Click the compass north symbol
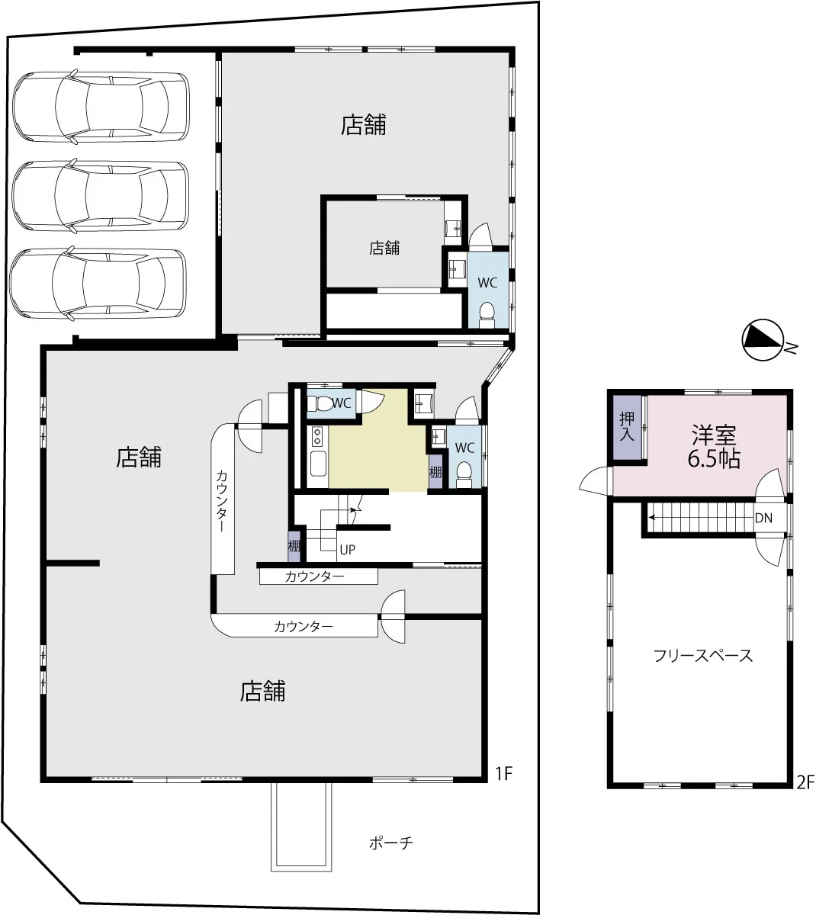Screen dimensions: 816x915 [x=763, y=339]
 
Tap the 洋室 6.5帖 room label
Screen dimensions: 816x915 [x=714, y=446]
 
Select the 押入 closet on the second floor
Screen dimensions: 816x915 [x=627, y=427]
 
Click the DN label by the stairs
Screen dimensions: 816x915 [x=763, y=518]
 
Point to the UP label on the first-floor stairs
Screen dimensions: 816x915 [x=347, y=550]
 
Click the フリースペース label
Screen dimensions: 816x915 [x=703, y=655]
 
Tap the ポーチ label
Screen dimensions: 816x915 [x=390, y=843]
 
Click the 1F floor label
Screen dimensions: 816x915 [x=503, y=774]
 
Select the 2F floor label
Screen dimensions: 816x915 [x=805, y=782]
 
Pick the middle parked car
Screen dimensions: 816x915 [x=100, y=195]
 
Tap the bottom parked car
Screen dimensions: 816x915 [x=98, y=284]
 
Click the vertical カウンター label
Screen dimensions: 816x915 [x=221, y=501]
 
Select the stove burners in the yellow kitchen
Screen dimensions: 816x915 [x=317, y=436]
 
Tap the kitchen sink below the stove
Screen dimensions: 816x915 [x=319, y=463]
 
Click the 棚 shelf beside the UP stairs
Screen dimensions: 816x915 [x=294, y=546]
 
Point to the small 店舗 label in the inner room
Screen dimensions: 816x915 [x=384, y=248]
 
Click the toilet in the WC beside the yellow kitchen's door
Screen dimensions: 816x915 [x=323, y=403]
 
